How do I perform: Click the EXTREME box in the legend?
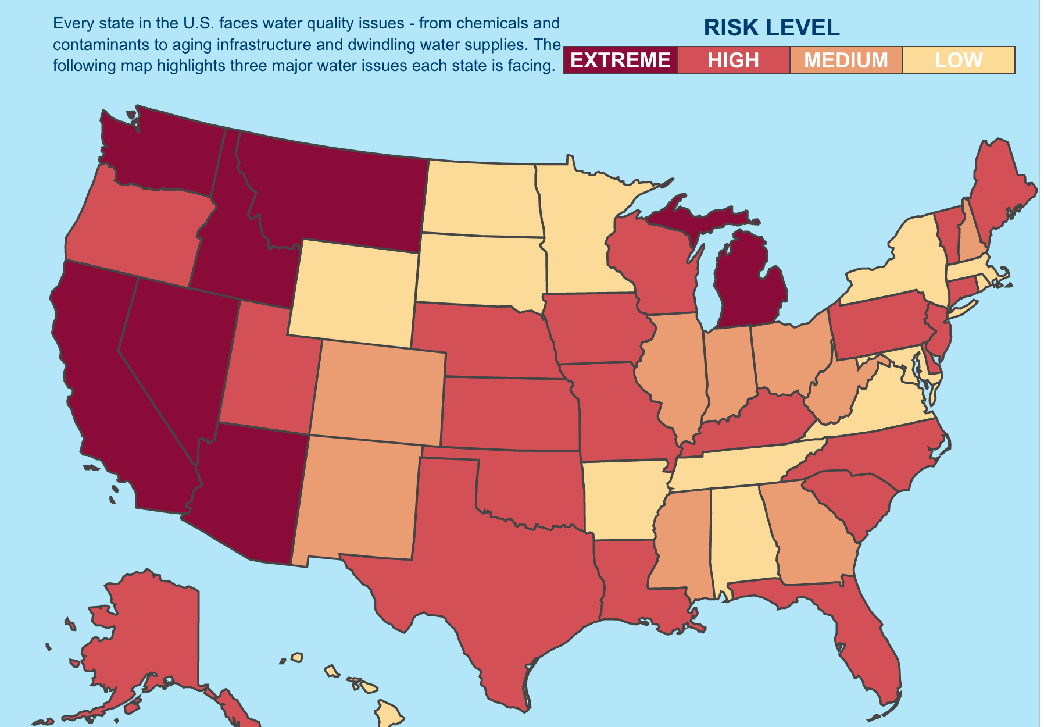[x=620, y=60]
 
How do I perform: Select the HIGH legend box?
[x=733, y=60]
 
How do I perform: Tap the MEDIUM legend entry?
[x=846, y=60]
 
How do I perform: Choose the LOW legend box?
[x=959, y=60]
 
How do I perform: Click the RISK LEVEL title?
[x=771, y=28]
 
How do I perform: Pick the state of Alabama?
[x=741, y=535]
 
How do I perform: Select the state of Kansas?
[x=509, y=413]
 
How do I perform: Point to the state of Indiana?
[x=730, y=372]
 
